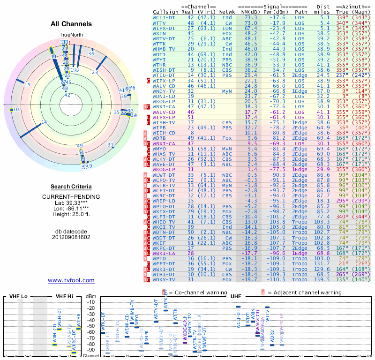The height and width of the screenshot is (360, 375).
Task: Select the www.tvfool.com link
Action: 71,280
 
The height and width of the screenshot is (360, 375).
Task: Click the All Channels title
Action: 71,24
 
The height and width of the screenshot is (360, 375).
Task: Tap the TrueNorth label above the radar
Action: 71,35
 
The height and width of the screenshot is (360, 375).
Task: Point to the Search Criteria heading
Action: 71,187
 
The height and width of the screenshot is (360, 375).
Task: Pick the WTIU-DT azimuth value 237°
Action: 341,75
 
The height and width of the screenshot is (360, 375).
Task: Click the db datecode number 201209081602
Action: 71,237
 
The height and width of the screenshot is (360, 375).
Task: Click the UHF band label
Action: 236,296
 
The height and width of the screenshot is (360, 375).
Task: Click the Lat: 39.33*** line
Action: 71,202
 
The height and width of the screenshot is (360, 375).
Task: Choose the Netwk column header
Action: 227,12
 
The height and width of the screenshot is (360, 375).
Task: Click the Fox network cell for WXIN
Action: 227,34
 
